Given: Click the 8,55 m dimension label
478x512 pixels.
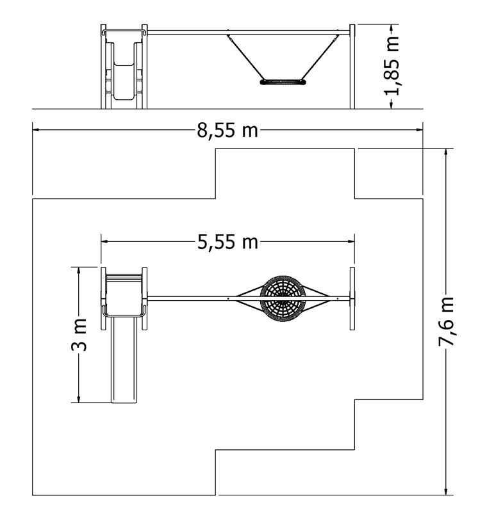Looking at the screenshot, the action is (x=227, y=131).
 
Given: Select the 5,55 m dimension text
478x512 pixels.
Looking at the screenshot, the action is (x=227, y=242).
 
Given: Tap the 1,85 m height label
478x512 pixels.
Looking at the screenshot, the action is (x=391, y=66).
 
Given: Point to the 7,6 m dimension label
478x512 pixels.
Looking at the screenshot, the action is (x=446, y=321).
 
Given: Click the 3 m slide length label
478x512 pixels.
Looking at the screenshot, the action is (x=79, y=335).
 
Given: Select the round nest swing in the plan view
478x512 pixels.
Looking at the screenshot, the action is (x=283, y=298).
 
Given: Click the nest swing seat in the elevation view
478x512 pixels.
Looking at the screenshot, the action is (x=283, y=82).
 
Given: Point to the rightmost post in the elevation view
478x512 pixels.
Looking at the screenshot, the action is (x=352, y=67).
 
